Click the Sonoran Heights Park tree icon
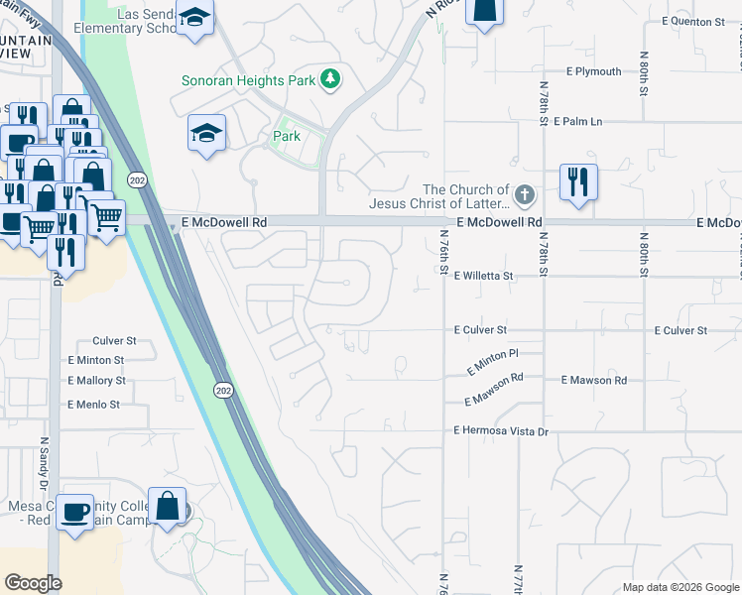point(331,80)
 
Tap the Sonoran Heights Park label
point(249,80)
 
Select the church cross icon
point(525,194)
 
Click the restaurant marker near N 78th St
point(577,182)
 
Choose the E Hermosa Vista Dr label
point(501,431)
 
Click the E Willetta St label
point(483,277)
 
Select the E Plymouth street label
point(593,71)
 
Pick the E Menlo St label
point(93,405)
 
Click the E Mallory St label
point(96,380)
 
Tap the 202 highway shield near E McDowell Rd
point(137,180)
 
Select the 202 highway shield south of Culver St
point(224,391)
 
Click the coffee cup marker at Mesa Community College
point(74,512)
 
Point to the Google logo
point(34,583)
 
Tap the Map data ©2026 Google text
point(680,587)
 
